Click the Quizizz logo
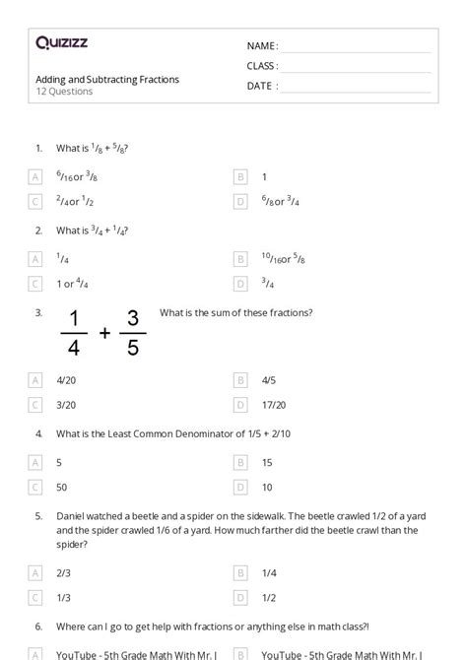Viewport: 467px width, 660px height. coord(62,42)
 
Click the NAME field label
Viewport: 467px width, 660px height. coord(262,46)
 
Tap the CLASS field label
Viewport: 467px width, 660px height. coord(262,66)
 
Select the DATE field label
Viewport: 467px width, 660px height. coord(262,86)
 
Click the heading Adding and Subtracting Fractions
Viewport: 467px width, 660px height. coord(107,79)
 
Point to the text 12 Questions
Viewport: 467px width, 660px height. coord(64,92)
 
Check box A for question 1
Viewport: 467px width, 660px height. coord(36,176)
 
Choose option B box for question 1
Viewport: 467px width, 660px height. coord(240,176)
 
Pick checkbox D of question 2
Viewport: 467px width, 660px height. coord(240,284)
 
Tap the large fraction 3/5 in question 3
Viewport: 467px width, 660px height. coord(133,333)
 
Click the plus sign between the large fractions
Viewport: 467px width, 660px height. coord(104,334)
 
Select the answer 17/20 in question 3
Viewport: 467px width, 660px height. coord(274,404)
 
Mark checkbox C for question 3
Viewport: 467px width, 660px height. coord(36,404)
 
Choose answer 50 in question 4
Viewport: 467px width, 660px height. coord(62,487)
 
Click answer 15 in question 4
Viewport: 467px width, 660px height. coord(267,461)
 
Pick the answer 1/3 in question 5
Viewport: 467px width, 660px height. coord(63,596)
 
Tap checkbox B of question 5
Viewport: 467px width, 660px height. coord(240,571)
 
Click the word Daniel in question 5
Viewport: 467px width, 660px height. coord(71,515)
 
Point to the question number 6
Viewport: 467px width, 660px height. coord(38,626)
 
